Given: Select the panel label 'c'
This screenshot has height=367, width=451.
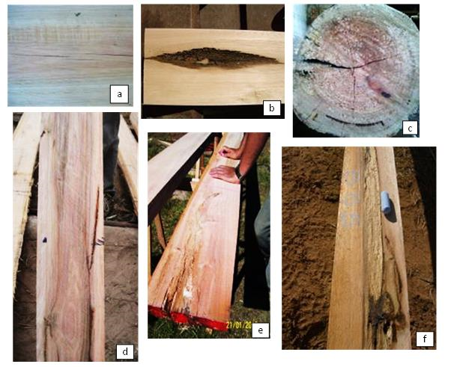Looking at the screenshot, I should (x=408, y=128).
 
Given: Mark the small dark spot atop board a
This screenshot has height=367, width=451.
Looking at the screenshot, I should (x=76, y=13).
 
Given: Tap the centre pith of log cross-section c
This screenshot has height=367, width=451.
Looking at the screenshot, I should (x=352, y=69).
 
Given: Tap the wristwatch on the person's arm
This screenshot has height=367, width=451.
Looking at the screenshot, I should (x=239, y=172).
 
